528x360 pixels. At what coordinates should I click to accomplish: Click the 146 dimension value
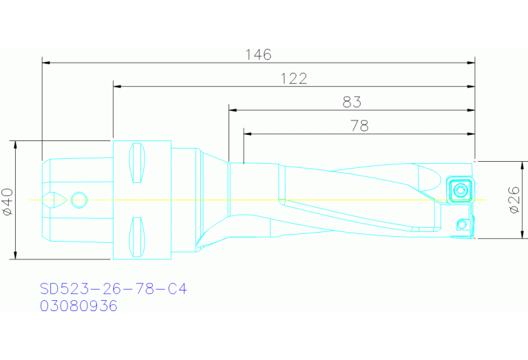point(258,54)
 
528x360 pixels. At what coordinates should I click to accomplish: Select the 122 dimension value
point(294,78)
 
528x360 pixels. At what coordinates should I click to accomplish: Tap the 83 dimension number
point(352,102)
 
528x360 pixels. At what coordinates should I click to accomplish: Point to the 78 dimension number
point(359,126)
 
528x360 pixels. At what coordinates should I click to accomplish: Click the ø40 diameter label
point(8,202)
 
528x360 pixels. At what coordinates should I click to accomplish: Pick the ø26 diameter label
point(514,200)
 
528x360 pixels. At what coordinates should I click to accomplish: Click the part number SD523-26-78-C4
point(113,289)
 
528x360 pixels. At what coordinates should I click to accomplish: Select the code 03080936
point(78,306)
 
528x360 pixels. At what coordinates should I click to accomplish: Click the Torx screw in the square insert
point(461,190)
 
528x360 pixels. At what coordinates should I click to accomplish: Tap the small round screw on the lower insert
point(462,224)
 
